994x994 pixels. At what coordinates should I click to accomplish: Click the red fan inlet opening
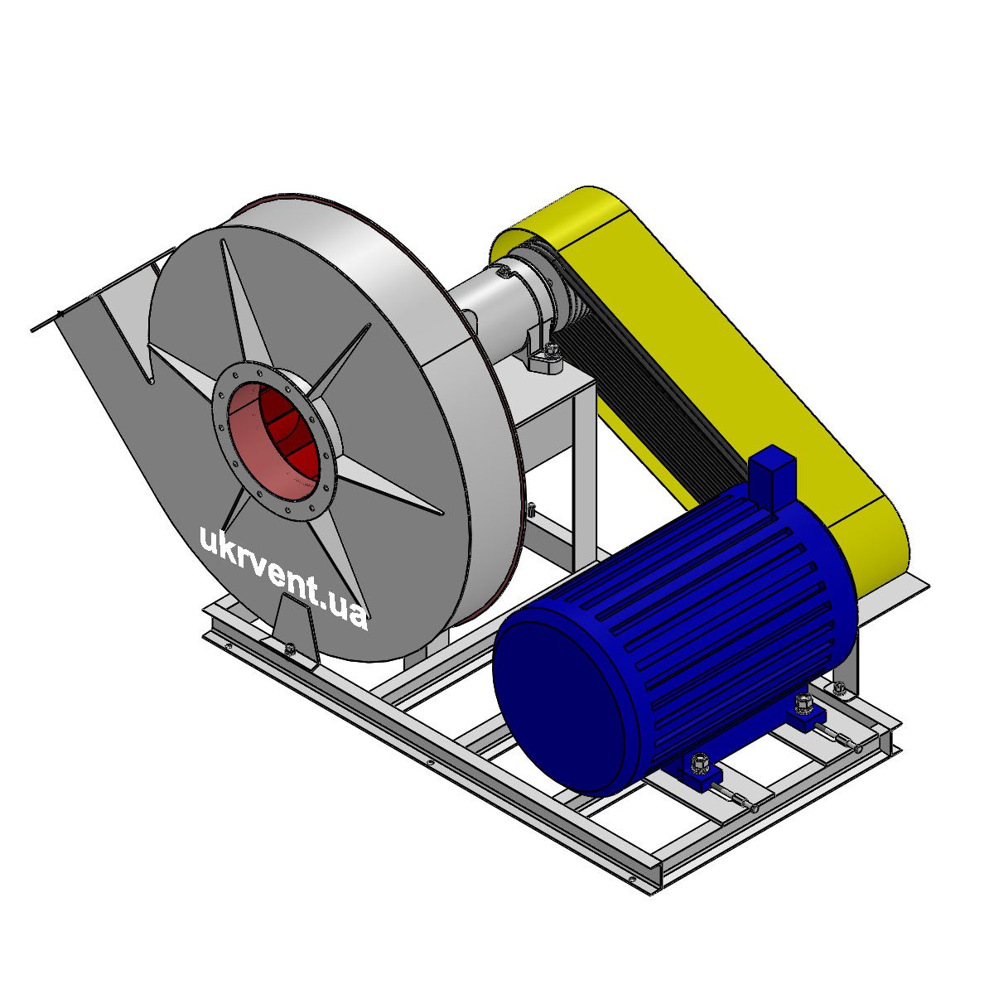pos(273,440)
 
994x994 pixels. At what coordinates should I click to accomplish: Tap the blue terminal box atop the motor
pos(772,478)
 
